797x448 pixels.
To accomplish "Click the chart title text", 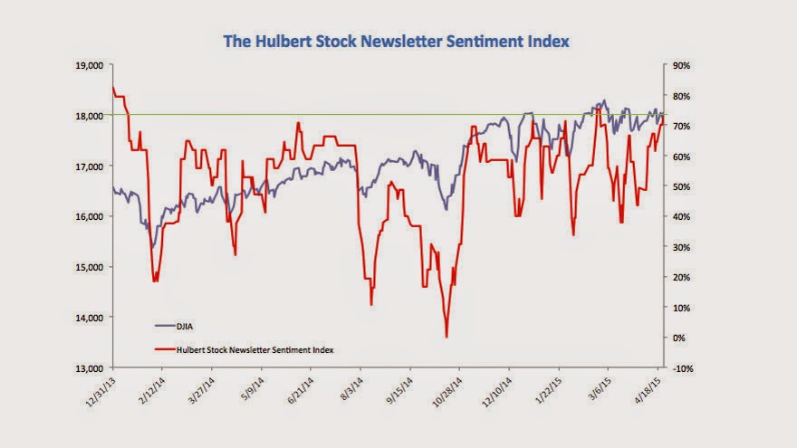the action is point(397,41).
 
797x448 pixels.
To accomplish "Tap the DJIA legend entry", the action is point(174,326).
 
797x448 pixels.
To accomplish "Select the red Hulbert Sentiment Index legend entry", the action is point(244,349).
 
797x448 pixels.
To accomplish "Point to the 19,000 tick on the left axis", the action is point(90,65).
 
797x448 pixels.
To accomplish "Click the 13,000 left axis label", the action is point(90,368).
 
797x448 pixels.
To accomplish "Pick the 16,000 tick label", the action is point(90,217).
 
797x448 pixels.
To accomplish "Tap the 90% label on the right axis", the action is point(681,65).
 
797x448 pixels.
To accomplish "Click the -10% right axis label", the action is point(683,368).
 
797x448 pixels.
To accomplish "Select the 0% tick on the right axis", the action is point(678,338).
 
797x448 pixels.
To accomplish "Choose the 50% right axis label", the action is point(681,187).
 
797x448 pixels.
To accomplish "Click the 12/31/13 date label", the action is point(101,392).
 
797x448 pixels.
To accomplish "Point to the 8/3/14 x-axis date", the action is point(351,389).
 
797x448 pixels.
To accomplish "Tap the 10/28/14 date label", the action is point(447,392).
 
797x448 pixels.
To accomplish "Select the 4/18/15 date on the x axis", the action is point(648,390).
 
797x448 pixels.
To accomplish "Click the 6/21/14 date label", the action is point(300,390).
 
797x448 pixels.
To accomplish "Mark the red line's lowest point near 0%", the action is point(447,337).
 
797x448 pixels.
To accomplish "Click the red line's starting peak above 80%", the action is point(113,88).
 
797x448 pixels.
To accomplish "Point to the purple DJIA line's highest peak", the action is point(604,100).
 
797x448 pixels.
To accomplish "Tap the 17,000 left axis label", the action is point(90,167).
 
